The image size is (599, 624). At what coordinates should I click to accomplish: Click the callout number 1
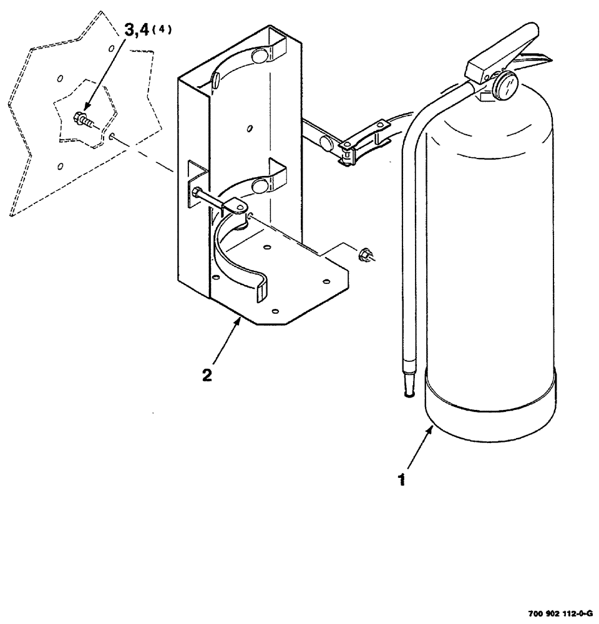pyautogui.click(x=402, y=481)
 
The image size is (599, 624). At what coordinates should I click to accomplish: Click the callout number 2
pyautogui.click(x=207, y=376)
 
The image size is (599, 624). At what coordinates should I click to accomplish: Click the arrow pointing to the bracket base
pyautogui.click(x=226, y=340)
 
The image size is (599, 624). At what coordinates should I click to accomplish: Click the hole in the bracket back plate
pyautogui.click(x=250, y=129)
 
